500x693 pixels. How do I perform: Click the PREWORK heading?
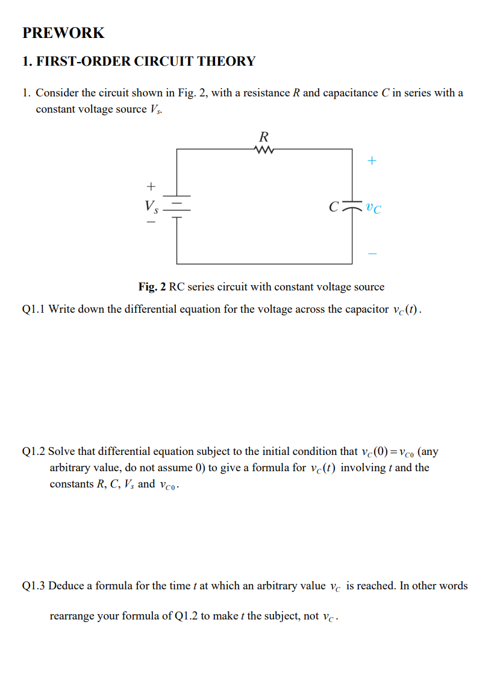coord(63,33)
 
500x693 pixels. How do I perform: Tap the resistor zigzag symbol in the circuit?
coord(264,149)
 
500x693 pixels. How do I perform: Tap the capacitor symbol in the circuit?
coord(352,207)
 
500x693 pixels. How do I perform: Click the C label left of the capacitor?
coord(333,209)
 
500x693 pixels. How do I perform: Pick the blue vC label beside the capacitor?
coord(373,209)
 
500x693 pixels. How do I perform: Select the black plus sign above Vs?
coord(151,185)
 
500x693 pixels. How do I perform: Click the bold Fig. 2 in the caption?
coord(152,287)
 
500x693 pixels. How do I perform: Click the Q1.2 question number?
coord(33,451)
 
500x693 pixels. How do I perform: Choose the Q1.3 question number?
coord(33,586)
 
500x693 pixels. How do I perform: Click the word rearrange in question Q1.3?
coord(72,616)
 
